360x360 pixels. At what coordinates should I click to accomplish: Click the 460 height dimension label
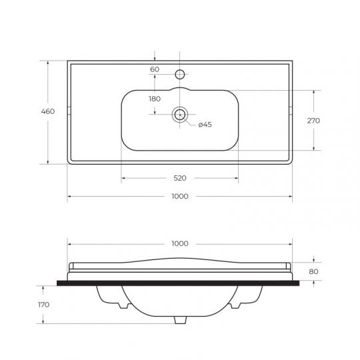[x=48, y=111]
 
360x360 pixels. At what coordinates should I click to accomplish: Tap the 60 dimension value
[x=155, y=69]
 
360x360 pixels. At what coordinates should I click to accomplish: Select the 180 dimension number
[x=155, y=99]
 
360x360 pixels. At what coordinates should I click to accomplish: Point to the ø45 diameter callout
[x=205, y=125]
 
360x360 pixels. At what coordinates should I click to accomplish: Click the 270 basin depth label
[x=313, y=121]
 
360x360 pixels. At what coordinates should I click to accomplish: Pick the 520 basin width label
[x=180, y=178]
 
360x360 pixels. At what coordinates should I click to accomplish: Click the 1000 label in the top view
[x=180, y=196]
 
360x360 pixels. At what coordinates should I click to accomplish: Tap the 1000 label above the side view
[x=180, y=243]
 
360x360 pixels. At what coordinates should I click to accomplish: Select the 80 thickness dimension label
[x=313, y=271]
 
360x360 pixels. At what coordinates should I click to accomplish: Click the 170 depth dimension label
[x=43, y=305]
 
